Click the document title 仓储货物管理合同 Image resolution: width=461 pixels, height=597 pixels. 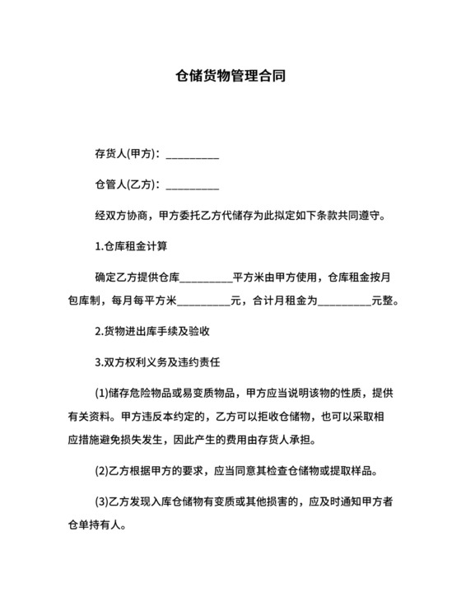[230, 77]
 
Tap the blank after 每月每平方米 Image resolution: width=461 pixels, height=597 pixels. [203, 302]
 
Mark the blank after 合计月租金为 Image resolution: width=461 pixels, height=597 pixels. [344, 302]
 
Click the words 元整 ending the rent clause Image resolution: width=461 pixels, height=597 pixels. [384, 301]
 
